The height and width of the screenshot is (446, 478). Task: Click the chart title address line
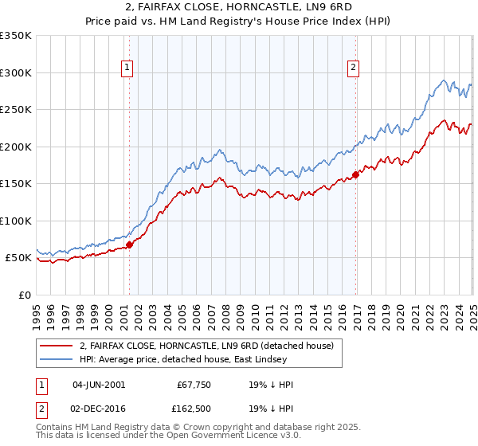tap(238, 8)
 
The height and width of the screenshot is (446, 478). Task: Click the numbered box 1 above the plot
tap(128, 68)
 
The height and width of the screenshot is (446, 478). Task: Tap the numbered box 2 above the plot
tap(353, 68)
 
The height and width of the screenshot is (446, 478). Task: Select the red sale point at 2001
tap(129, 245)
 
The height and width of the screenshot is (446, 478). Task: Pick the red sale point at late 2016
tap(355, 174)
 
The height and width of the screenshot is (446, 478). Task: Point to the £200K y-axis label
tap(15, 147)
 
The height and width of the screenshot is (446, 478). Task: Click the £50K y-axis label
tap(18, 258)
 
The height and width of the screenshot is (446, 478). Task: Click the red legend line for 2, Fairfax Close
tap(57, 346)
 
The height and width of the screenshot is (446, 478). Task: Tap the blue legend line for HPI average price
tap(57, 359)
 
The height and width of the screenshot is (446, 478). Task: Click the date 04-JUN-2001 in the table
tap(98, 385)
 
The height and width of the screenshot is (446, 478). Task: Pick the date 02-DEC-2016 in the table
tap(98, 411)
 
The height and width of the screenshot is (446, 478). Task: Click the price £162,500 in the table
tap(195, 411)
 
